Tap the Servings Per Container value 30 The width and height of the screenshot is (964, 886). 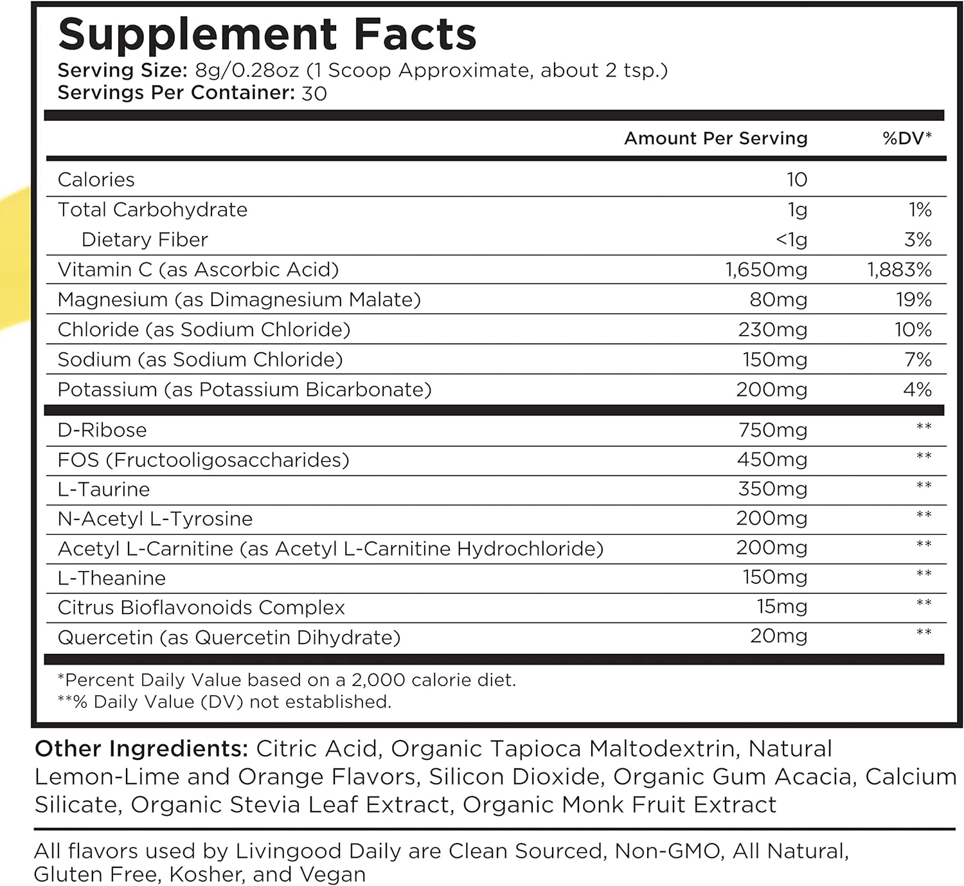(x=314, y=94)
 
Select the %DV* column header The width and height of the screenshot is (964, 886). (x=907, y=138)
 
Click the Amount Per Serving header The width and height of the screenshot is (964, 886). (x=715, y=138)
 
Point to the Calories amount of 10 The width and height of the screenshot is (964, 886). (x=796, y=179)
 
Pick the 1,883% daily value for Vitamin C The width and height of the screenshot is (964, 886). (x=899, y=269)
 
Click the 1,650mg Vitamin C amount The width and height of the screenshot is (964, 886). (x=766, y=269)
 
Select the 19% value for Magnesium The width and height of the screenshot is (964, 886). (x=914, y=300)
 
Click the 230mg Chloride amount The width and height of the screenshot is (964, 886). (x=772, y=330)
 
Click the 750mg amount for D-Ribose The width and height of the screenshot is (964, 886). (x=772, y=429)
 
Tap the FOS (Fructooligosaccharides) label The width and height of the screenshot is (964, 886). (x=203, y=460)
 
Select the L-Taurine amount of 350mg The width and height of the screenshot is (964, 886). (x=772, y=489)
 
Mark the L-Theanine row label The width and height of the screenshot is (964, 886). (x=111, y=578)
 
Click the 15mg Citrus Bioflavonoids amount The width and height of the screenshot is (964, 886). (x=781, y=606)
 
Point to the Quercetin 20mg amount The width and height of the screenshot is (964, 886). (x=778, y=637)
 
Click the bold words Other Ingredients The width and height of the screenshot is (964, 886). (x=141, y=748)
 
